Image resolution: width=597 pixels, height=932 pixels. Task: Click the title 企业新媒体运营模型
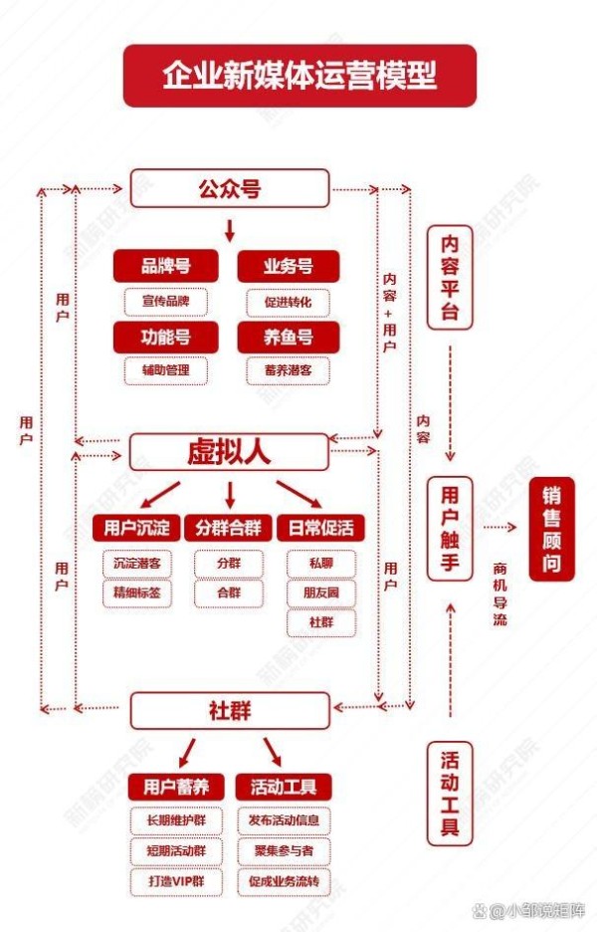(x=299, y=76)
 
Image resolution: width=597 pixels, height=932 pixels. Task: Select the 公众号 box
(x=229, y=188)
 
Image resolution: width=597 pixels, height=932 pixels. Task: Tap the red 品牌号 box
(x=166, y=266)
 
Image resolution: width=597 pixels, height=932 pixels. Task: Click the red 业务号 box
(x=289, y=266)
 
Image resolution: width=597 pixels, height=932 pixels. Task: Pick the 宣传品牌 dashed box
(x=166, y=302)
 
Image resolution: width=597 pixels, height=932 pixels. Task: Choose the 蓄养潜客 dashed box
(x=289, y=370)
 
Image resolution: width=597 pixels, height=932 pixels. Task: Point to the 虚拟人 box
(x=229, y=452)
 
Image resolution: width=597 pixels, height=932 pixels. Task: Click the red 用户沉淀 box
(x=137, y=527)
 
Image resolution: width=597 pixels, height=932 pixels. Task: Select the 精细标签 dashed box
(x=137, y=592)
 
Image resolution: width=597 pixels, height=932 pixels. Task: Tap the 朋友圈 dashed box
(x=321, y=592)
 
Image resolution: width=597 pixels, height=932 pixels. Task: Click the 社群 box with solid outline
(x=230, y=710)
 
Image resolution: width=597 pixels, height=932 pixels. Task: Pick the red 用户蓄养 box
(x=176, y=788)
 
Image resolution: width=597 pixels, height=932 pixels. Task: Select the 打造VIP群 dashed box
(x=176, y=881)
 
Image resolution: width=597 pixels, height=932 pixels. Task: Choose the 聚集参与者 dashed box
(x=284, y=851)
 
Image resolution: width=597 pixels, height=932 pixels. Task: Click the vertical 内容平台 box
(x=450, y=278)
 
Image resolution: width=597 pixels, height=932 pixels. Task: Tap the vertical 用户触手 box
(x=450, y=529)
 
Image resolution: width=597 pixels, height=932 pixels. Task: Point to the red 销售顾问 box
(x=551, y=529)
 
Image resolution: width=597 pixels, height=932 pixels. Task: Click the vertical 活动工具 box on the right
(x=450, y=794)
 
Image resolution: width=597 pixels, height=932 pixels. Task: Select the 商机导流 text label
(x=499, y=593)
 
